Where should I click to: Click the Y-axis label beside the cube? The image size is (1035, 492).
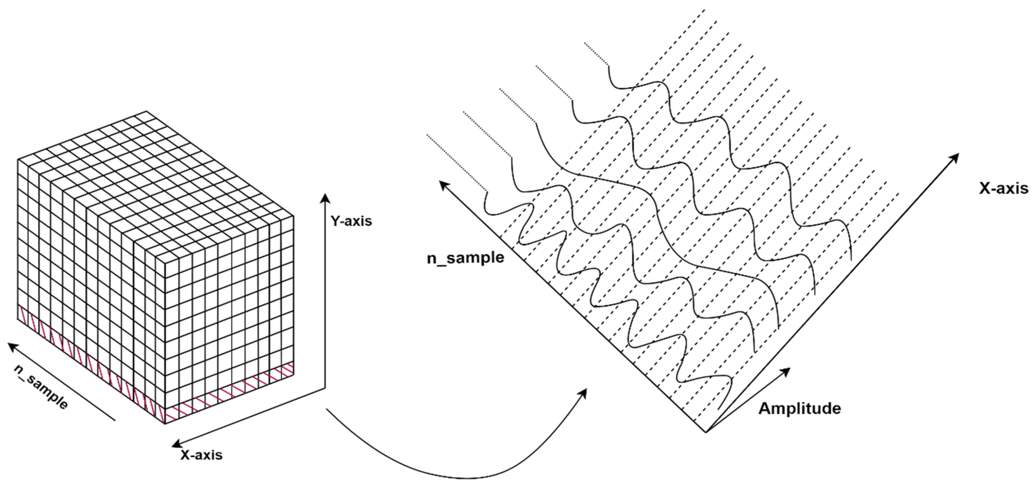click(351, 221)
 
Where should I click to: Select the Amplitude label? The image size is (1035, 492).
click(800, 408)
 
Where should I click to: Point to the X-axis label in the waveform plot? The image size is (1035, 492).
click(1003, 187)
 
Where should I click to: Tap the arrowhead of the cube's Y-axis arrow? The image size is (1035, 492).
click(325, 197)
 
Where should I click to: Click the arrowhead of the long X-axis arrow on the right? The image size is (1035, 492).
click(957, 156)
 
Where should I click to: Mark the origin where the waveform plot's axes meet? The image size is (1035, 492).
click(706, 432)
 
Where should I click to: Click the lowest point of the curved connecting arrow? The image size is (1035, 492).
click(466, 478)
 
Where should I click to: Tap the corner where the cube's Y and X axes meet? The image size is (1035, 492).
click(325, 388)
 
